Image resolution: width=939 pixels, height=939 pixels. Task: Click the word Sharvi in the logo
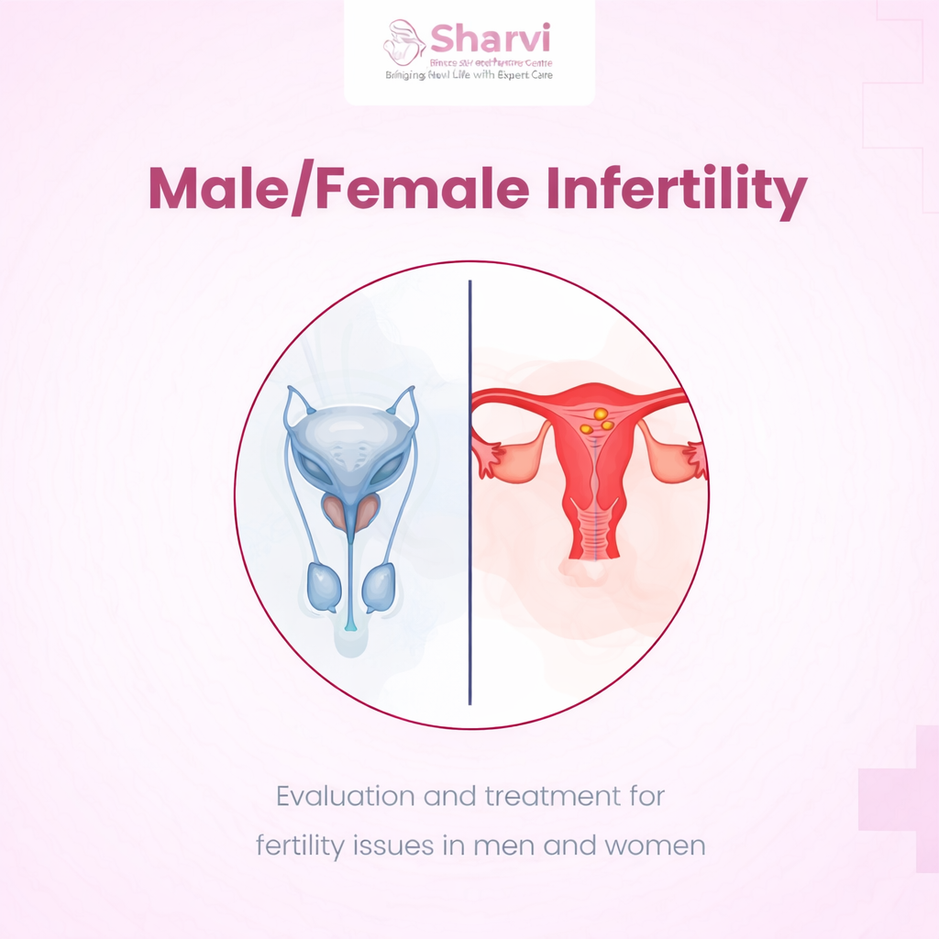pyautogui.click(x=490, y=39)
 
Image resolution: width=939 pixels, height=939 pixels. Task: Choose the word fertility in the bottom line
pyautogui.click(x=301, y=845)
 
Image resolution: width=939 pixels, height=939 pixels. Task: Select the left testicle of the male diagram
pyautogui.click(x=325, y=587)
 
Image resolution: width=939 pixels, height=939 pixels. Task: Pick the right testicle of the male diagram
pyautogui.click(x=378, y=587)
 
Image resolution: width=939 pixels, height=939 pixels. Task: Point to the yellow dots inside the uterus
pyautogui.click(x=601, y=420)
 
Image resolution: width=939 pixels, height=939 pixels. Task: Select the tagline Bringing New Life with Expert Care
pyautogui.click(x=469, y=75)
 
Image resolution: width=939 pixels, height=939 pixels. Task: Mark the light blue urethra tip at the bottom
pyautogui.click(x=350, y=624)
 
